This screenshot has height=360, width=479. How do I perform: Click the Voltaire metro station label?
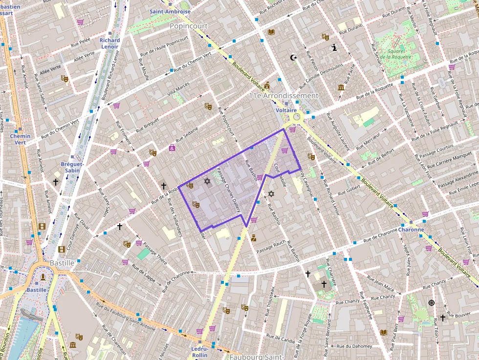tap(286, 110)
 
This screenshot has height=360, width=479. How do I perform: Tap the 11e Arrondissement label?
tap(283, 96)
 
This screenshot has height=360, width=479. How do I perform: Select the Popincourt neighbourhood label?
tap(189, 26)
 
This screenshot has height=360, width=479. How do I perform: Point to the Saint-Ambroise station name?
tap(170, 11)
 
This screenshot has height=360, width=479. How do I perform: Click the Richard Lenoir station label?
tap(109, 43)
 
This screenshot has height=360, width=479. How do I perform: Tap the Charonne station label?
tap(411, 229)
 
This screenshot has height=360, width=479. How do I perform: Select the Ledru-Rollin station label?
tap(199, 352)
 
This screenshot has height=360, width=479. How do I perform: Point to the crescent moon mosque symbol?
tap(294, 58)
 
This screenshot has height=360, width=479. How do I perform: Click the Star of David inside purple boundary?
tap(207, 182)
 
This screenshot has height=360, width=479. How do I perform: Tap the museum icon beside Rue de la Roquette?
tap(341, 87)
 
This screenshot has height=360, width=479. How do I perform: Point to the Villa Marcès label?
tap(178, 89)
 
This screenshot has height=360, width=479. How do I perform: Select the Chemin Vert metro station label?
tap(20, 139)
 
